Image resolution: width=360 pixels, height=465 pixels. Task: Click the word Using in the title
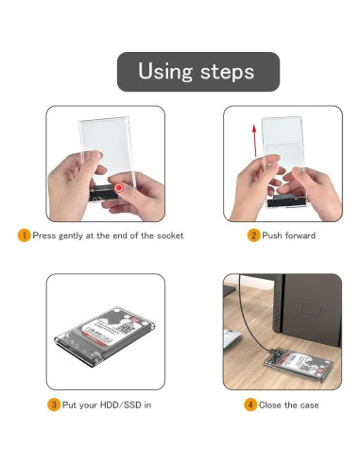click(165, 72)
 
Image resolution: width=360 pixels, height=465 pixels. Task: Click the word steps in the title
click(227, 72)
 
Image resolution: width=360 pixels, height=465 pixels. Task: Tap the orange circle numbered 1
click(25, 235)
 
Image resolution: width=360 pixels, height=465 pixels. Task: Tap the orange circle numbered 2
click(253, 235)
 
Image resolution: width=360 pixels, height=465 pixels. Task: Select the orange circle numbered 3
click(54, 405)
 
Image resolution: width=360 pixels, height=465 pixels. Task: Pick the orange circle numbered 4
click(250, 405)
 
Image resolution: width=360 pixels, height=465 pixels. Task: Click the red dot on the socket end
click(119, 188)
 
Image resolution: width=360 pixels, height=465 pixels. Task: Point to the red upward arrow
click(254, 141)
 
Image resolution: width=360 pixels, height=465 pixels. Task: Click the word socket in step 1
click(170, 235)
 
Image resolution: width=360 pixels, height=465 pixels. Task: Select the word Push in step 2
click(271, 235)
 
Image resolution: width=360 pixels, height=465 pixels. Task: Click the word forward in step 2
click(299, 235)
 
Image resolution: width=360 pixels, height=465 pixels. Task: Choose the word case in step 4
click(309, 405)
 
